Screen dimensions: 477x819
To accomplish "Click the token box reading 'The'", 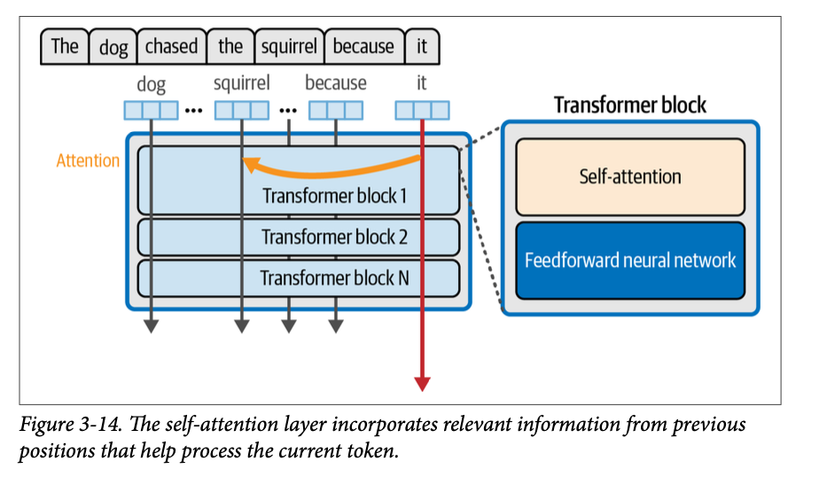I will tap(65, 47).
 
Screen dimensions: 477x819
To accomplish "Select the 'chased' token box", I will tap(171, 47).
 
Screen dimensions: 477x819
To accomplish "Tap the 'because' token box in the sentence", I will tap(363, 47).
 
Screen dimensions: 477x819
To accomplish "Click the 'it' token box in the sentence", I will tap(422, 47).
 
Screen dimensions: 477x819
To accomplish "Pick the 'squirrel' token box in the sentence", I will tap(289, 47).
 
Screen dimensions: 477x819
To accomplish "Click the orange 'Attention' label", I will tap(88, 160).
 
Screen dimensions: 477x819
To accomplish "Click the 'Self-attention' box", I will tap(630, 176).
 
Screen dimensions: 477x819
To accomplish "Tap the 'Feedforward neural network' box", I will tap(630, 260).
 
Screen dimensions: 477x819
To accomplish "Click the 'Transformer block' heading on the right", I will tap(630, 105).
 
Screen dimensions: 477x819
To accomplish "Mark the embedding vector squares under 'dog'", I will tap(151, 111).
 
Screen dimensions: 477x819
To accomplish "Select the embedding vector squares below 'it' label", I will tap(422, 111).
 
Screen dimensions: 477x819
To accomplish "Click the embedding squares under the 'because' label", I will tap(335, 111).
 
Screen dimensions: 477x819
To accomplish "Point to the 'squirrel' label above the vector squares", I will tap(241, 84).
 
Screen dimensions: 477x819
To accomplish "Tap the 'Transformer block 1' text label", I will tap(334, 196).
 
